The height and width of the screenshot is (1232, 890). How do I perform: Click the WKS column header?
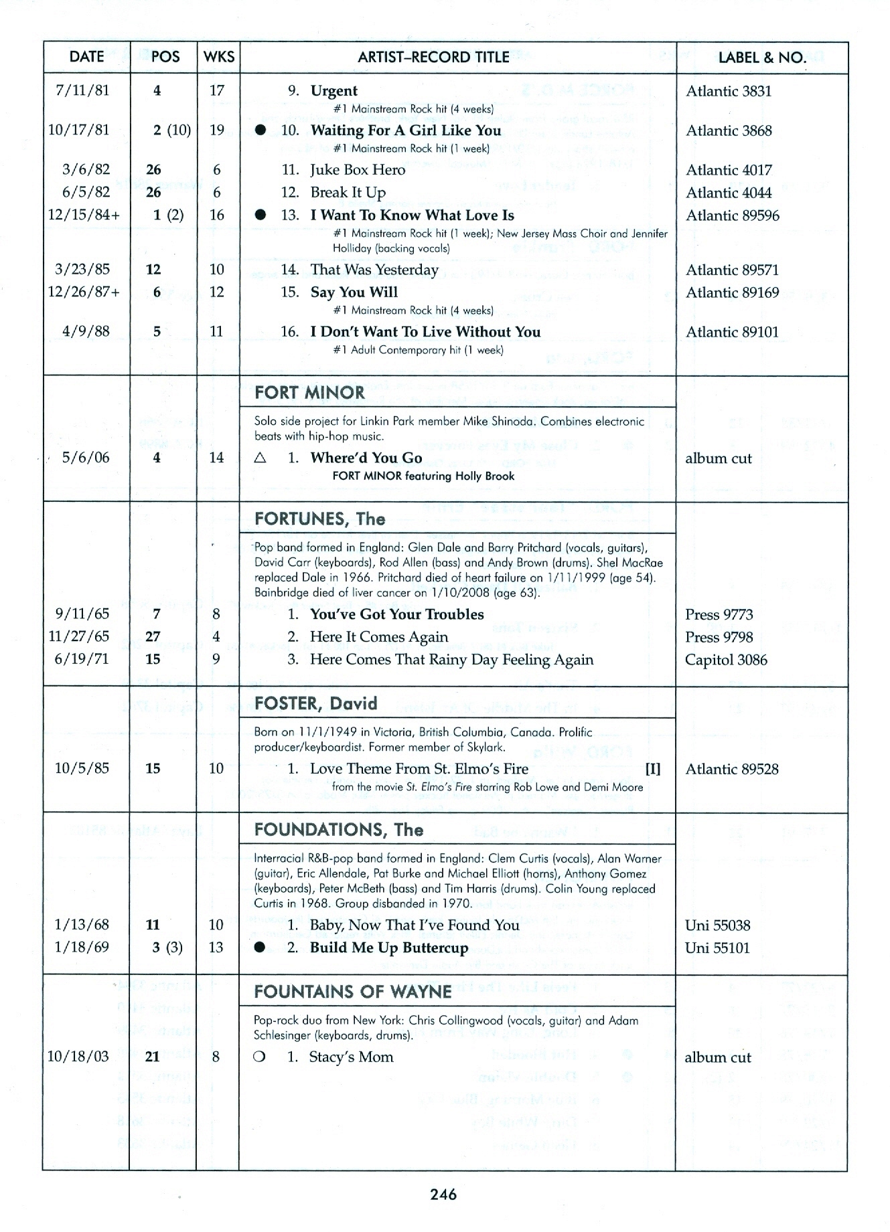pyautogui.click(x=218, y=57)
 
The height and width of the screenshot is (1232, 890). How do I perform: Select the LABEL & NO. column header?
pyautogui.click(x=761, y=57)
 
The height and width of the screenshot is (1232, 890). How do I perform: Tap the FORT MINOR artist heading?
pyautogui.click(x=309, y=392)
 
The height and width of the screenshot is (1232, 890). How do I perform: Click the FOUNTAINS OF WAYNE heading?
pyautogui.click(x=353, y=991)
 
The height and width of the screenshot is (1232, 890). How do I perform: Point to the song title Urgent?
pyautogui.click(x=333, y=90)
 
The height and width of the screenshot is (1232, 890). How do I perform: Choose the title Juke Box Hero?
pyautogui.click(x=358, y=170)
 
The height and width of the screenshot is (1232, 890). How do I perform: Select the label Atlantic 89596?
pyautogui.click(x=732, y=215)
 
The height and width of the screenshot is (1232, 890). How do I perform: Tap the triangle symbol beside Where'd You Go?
pyautogui.click(x=261, y=458)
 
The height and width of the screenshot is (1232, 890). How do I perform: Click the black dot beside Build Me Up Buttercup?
pyautogui.click(x=261, y=948)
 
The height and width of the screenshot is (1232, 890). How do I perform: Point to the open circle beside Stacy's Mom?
pyautogui.click(x=261, y=1057)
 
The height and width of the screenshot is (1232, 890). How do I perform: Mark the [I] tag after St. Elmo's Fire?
pyautogui.click(x=652, y=769)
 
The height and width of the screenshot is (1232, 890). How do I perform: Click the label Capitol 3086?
pyautogui.click(x=725, y=660)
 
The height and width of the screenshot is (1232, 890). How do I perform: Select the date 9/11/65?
pyautogui.click(x=82, y=614)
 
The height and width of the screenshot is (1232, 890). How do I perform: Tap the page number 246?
pyautogui.click(x=443, y=1195)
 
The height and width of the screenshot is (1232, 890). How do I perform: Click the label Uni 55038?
pyautogui.click(x=717, y=925)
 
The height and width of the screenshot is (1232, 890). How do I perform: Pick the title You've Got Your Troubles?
pyautogui.click(x=396, y=614)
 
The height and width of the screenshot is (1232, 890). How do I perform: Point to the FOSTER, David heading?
pyautogui.click(x=315, y=703)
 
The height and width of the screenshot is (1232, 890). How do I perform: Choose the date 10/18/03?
pyautogui.click(x=78, y=1057)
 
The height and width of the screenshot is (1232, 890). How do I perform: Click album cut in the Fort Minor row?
pyautogui.click(x=718, y=458)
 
